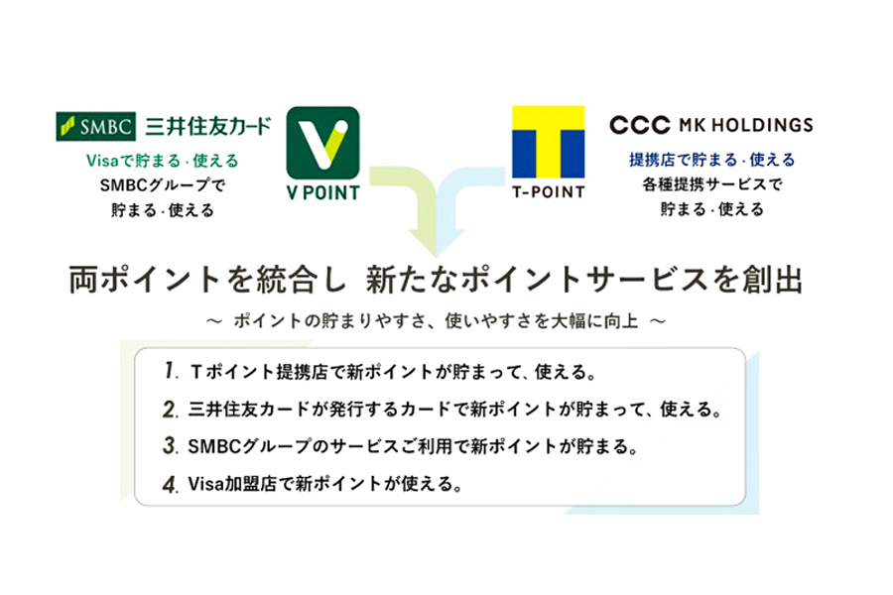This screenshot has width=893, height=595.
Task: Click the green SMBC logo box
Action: click(95, 126)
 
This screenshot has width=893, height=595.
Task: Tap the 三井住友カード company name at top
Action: click(208, 126)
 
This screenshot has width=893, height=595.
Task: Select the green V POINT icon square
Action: click(322, 143)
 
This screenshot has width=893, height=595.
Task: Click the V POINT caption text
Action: click(322, 193)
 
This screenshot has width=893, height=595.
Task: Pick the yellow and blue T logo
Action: click(549, 142)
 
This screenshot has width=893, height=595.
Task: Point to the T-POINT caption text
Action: click(549, 192)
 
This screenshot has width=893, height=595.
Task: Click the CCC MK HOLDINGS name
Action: click(711, 125)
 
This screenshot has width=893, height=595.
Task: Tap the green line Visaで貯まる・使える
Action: click(163, 161)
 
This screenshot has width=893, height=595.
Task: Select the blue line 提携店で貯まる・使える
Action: click(711, 160)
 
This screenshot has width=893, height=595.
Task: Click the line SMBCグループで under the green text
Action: click(163, 185)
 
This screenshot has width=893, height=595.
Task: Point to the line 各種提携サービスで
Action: click(712, 183)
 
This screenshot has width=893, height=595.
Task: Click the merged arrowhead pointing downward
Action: click(437, 242)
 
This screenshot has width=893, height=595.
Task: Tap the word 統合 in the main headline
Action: click(286, 280)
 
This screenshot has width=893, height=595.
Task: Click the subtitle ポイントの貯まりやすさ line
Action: click(436, 321)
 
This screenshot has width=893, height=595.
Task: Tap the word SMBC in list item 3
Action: click(214, 446)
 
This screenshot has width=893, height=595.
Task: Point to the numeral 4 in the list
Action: click(171, 485)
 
